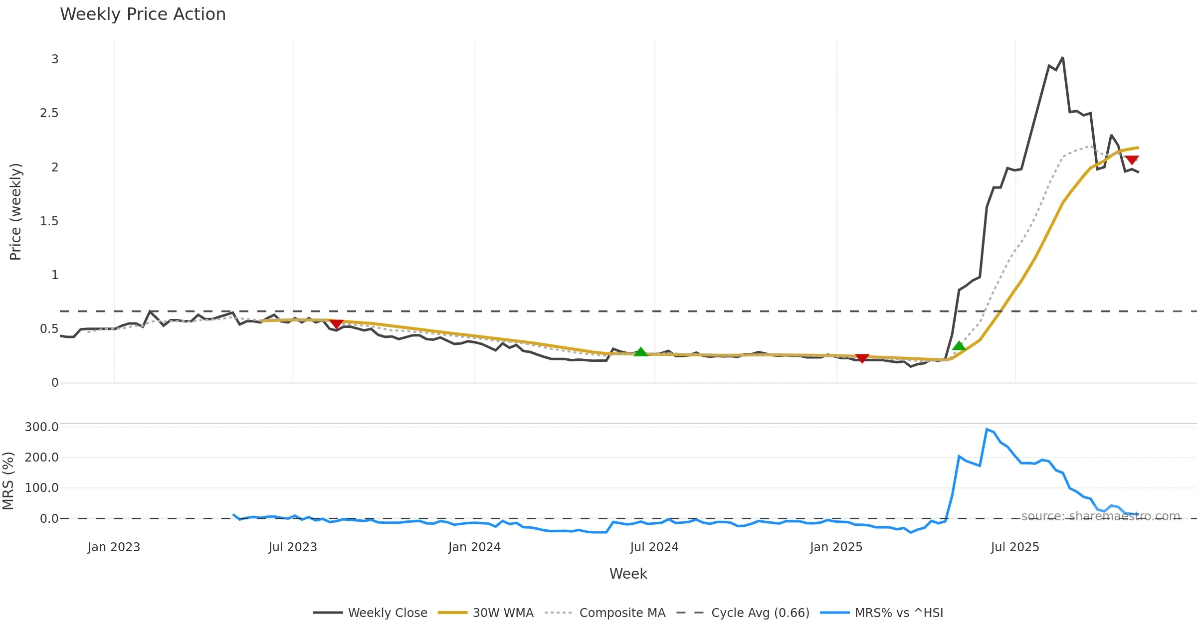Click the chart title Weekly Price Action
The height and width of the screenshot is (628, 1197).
click(143, 14)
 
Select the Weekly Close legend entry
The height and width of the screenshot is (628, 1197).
click(388, 613)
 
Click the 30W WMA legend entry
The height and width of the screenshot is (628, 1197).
click(503, 613)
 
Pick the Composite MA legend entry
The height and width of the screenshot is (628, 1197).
click(622, 613)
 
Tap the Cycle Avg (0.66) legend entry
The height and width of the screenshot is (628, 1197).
click(760, 613)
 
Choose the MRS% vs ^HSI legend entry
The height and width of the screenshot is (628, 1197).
click(899, 613)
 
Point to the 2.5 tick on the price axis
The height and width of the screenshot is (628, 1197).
click(49, 113)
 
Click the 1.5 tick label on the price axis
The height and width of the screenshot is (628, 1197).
click(49, 221)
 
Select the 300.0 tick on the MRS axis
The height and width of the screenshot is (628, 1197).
click(42, 427)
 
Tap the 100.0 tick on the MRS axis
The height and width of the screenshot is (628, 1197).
click(42, 488)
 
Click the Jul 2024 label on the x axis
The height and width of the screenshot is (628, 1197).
click(654, 547)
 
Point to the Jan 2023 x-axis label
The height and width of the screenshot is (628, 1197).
click(114, 547)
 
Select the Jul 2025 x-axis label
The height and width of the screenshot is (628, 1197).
click(1015, 547)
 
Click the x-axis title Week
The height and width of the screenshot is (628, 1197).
click(628, 574)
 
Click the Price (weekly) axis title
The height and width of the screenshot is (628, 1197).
click(15, 212)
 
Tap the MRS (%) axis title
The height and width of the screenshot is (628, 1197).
click(8, 481)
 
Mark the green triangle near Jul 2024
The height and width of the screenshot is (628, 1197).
click(640, 352)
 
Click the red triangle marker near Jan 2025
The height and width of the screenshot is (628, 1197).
click(862, 358)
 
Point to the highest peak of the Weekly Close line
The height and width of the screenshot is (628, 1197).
click(1062, 58)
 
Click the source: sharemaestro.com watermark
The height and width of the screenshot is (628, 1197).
click(1100, 516)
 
